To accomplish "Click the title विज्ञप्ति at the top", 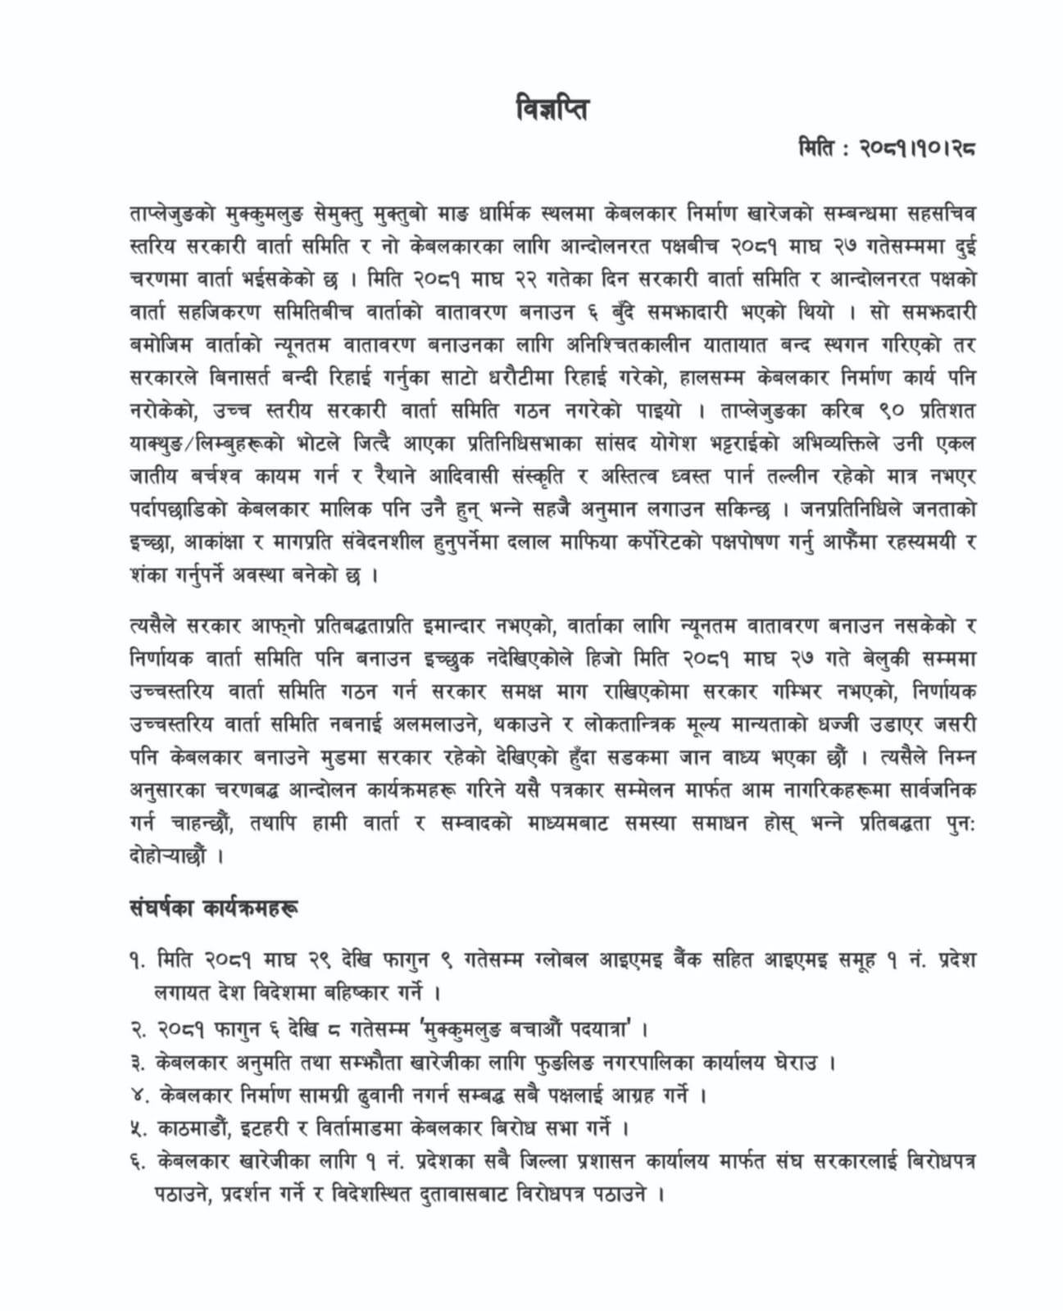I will click(x=551, y=109).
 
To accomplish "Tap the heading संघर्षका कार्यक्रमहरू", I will click(x=214, y=909).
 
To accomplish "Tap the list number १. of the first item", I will click(x=137, y=960).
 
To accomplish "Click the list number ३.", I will click(x=137, y=1064).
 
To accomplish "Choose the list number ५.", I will click(x=137, y=1128).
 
